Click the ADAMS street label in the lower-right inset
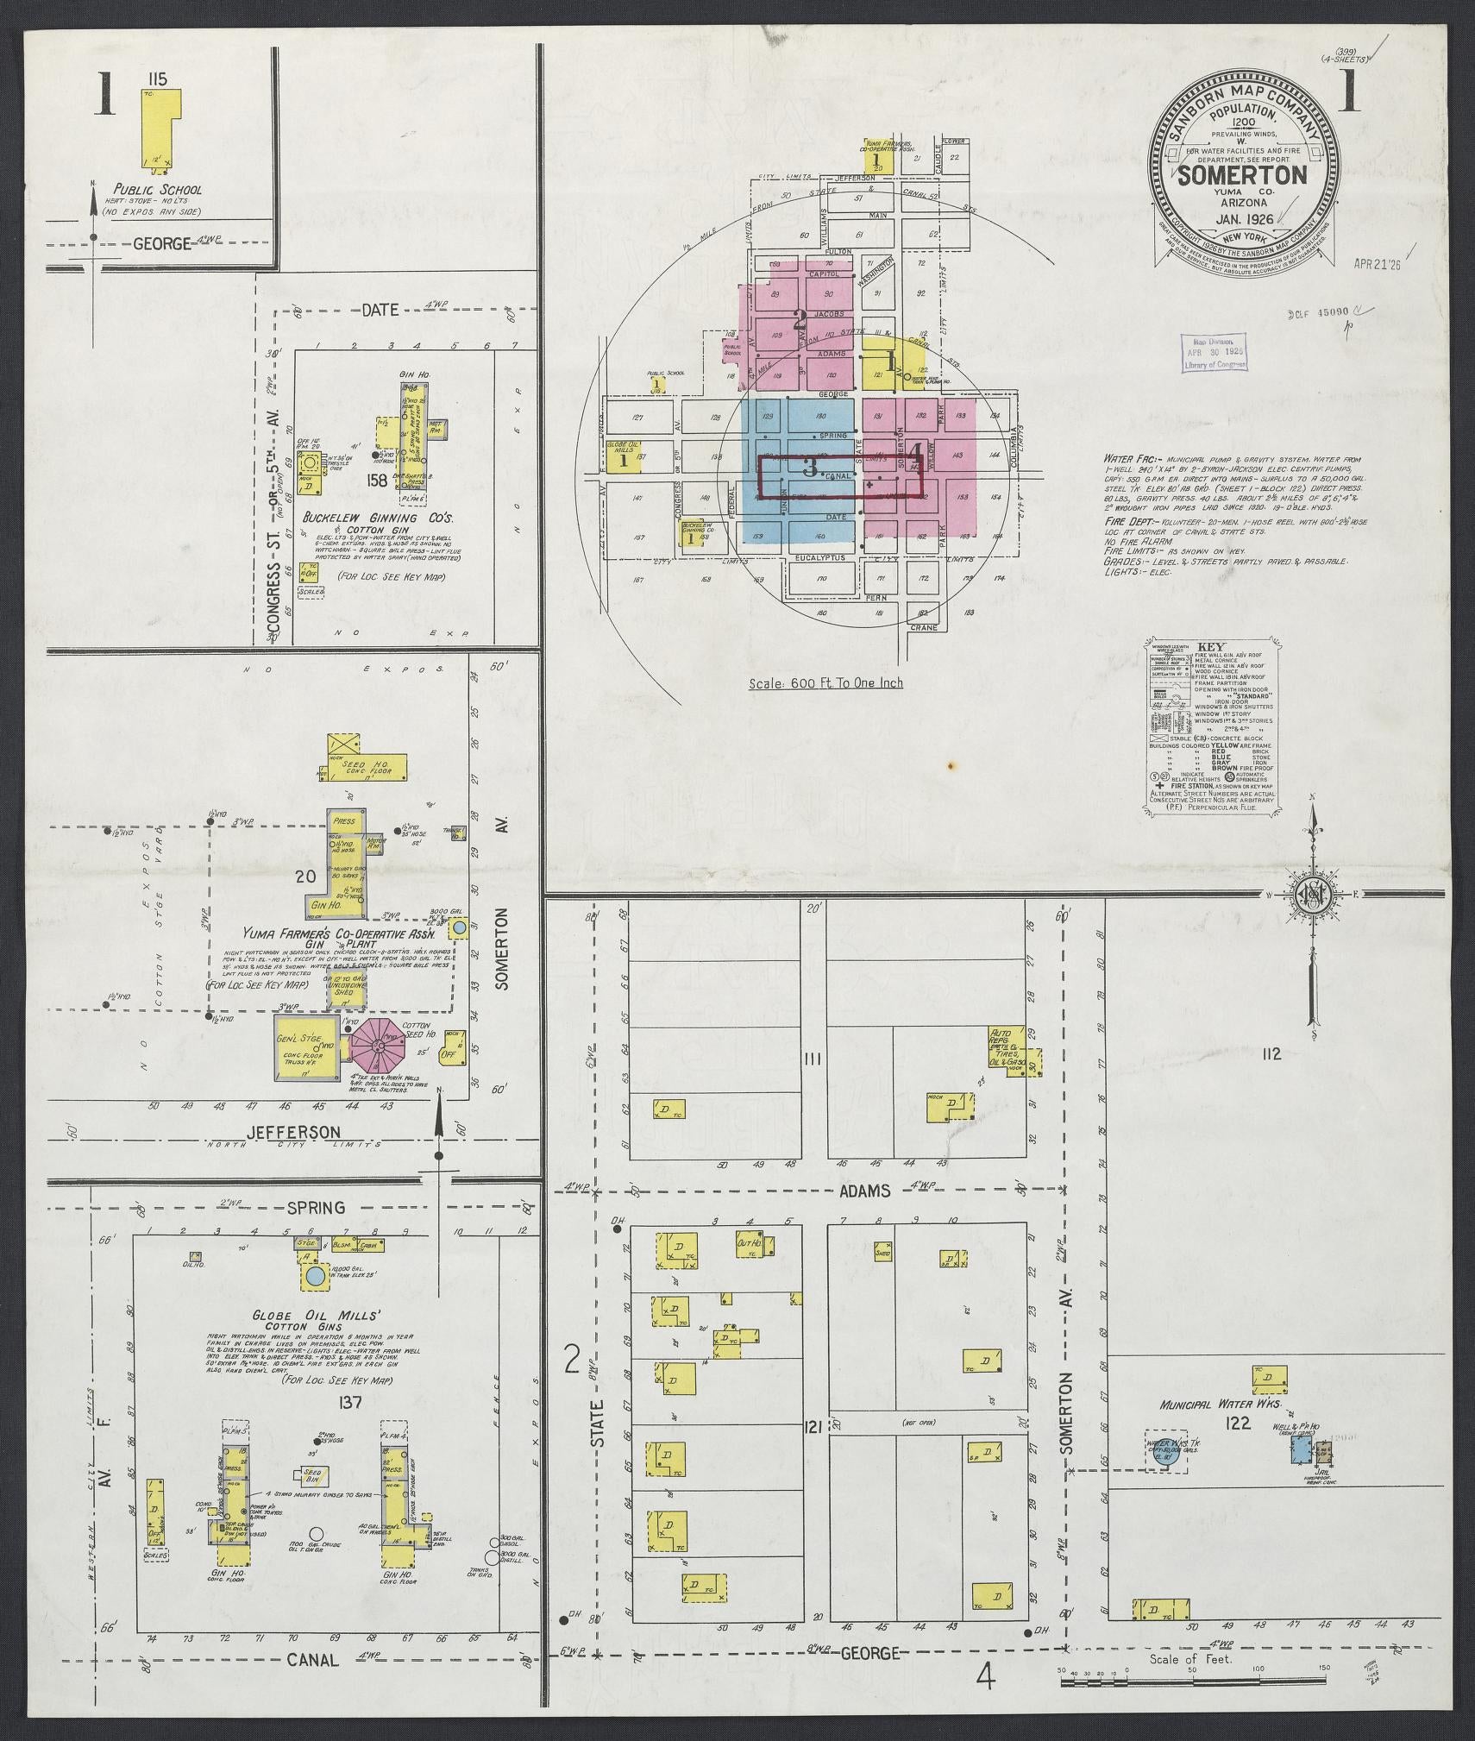864,1191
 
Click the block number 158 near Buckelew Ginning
375,479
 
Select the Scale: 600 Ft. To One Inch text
825,682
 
